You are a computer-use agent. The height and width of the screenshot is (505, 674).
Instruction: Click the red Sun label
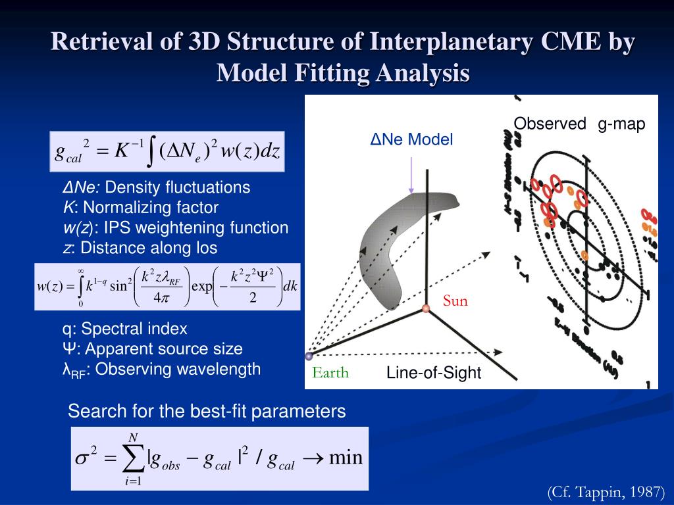(x=455, y=301)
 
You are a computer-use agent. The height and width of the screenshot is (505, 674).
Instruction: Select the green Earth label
(x=330, y=373)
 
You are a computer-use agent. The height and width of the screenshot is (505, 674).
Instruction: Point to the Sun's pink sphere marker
(x=427, y=308)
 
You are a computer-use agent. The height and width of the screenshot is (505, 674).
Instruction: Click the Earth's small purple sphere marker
(x=309, y=356)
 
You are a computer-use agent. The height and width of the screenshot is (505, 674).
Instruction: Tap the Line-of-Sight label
(x=434, y=373)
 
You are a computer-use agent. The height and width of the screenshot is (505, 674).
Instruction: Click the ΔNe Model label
(x=411, y=139)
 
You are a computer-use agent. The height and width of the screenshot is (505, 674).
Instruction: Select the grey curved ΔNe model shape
(x=388, y=243)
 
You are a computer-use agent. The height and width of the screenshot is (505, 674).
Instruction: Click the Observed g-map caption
(x=579, y=124)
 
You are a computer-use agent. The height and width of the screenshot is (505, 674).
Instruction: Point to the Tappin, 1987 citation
(x=606, y=492)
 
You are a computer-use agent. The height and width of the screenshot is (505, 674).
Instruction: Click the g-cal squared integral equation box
(x=167, y=152)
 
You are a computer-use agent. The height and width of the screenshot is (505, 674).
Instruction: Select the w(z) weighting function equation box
(x=167, y=287)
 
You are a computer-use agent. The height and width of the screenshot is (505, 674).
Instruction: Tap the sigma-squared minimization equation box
(x=219, y=458)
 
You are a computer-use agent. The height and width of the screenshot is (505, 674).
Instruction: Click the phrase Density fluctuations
(x=178, y=187)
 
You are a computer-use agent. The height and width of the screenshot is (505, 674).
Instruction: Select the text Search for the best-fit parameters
(x=207, y=412)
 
